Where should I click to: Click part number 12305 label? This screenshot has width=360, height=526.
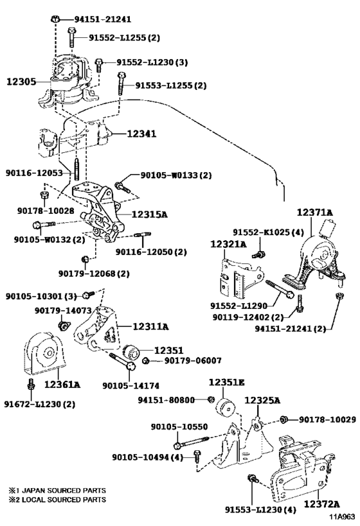(x=21, y=82)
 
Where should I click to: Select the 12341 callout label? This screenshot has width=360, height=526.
(x=141, y=134)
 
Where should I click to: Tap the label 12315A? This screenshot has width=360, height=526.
(x=149, y=215)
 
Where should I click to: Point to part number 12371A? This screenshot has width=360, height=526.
(x=314, y=213)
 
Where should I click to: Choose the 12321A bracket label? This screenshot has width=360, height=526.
(x=228, y=244)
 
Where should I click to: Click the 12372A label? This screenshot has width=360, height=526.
(x=321, y=504)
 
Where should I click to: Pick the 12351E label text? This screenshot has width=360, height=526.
(x=227, y=382)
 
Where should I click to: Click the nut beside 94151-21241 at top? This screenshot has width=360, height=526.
(x=56, y=19)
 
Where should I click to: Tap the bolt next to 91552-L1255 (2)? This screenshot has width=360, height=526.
(x=71, y=37)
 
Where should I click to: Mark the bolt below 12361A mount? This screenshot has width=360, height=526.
(x=31, y=384)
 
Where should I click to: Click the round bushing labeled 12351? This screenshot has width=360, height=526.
(x=131, y=352)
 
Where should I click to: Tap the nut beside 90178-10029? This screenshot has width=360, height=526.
(x=283, y=419)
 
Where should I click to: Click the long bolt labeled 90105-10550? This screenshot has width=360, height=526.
(x=192, y=441)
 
